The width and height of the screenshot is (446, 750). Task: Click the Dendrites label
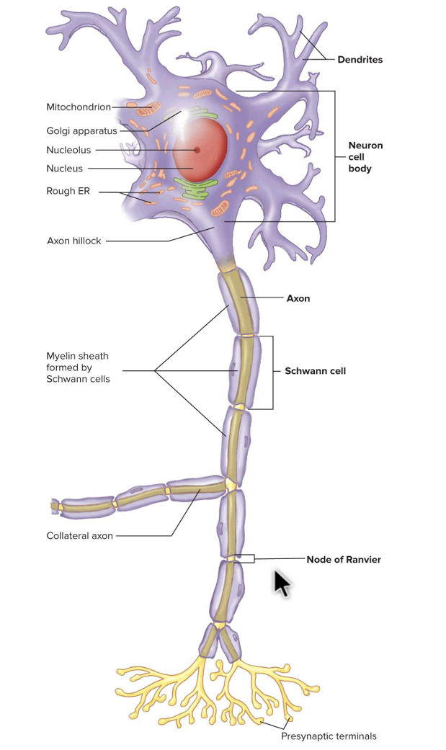tap(360, 60)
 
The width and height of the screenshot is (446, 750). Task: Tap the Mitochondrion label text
tap(79, 107)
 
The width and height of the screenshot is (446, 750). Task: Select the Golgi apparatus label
tap(81, 131)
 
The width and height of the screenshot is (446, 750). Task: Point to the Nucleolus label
tap(68, 151)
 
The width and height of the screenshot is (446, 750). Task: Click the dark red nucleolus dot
tap(196, 150)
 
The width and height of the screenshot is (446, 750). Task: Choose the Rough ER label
tap(68, 192)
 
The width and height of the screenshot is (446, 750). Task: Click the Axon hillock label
tap(73, 241)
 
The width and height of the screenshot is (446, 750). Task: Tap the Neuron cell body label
tap(365, 157)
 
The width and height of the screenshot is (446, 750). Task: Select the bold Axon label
tap(298, 298)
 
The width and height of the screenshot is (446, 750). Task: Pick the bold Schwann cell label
tap(316, 372)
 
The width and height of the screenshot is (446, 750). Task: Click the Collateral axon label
tap(79, 536)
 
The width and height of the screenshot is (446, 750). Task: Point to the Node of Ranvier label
tap(344, 560)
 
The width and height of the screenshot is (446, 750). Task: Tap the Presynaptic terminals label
tap(329, 736)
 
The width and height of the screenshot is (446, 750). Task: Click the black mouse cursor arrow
tap(281, 583)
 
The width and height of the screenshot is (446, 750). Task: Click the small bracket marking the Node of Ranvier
tap(245, 558)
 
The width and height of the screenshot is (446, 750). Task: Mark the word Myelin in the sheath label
tap(61, 356)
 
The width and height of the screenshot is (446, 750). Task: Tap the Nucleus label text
tap(64, 169)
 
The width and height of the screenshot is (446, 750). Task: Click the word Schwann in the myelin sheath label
tap(65, 379)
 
